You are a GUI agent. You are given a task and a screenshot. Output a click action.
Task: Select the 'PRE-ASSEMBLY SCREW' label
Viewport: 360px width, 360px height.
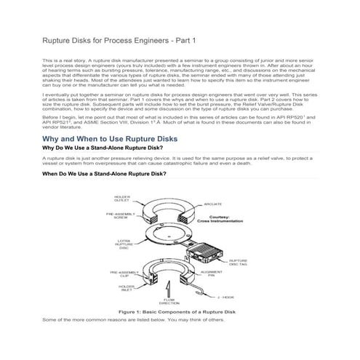click(x=121, y=216)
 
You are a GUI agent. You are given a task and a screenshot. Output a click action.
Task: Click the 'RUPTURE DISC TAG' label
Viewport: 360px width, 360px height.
click(x=239, y=263)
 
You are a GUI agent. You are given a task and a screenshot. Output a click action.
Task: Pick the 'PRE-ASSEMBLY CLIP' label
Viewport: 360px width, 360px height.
click(x=123, y=274)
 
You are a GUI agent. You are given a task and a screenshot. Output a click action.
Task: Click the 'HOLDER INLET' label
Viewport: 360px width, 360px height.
click(x=126, y=289)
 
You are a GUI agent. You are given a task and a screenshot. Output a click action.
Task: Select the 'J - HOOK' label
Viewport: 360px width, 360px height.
click(x=225, y=297)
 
